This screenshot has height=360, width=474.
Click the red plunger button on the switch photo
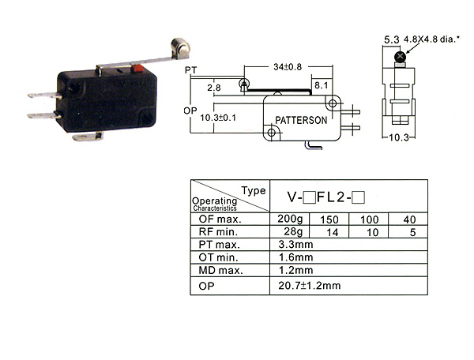tap(137, 69)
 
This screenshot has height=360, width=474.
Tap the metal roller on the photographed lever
tap(180, 47)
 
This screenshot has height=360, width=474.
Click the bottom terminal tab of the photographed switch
tap(88, 137)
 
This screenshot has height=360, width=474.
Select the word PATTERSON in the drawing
tap(301, 120)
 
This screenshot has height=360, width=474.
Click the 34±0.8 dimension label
tap(288, 67)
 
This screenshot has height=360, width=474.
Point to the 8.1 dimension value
tap(321, 85)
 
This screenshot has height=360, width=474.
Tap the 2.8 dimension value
tap(214, 88)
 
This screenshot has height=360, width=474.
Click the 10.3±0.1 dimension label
tap(218, 118)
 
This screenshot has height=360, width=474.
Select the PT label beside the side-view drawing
tap(190, 70)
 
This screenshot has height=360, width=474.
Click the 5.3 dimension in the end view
tap(392, 39)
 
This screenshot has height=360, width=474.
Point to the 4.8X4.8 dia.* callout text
tap(431, 39)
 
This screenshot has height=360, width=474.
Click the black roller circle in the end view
tap(401, 56)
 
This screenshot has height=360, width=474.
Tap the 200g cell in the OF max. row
tap(290, 219)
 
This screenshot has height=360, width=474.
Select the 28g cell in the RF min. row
tap(293, 231)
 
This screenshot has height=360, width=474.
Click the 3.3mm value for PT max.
tap(295, 244)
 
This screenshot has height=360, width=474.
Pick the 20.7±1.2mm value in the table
tap(309, 286)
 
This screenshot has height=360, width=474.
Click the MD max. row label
tap(220, 270)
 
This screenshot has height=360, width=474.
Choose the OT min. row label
tap(218, 257)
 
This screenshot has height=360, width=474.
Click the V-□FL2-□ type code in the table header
tap(325, 197)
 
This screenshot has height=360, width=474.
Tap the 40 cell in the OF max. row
tap(409, 219)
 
